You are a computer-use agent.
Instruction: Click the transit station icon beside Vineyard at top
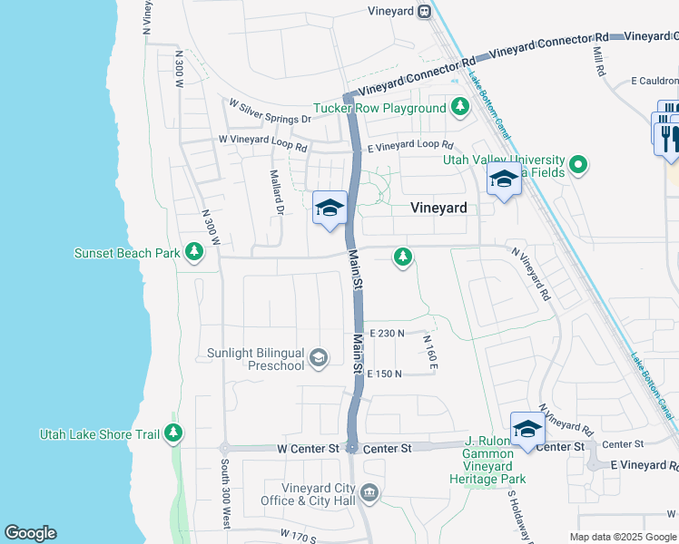tap(424, 11)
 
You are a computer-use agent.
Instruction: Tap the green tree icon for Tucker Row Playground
tap(460, 108)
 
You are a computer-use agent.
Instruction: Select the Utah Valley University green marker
tap(577, 166)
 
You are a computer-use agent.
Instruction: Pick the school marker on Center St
tap(527, 429)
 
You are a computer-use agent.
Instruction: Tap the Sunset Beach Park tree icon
tap(193, 253)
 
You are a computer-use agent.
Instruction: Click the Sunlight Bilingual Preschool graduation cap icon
tap(318, 359)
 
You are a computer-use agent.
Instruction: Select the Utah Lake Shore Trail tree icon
tap(173, 434)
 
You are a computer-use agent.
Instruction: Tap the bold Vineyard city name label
tap(438, 208)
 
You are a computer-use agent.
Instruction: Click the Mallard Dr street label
tap(276, 192)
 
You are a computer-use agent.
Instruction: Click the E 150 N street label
tap(384, 374)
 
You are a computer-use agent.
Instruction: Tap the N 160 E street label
tap(430, 352)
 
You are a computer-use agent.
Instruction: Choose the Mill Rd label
tap(598, 62)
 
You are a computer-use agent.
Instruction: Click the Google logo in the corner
tap(30, 533)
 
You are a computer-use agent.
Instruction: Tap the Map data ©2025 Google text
tap(623, 537)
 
